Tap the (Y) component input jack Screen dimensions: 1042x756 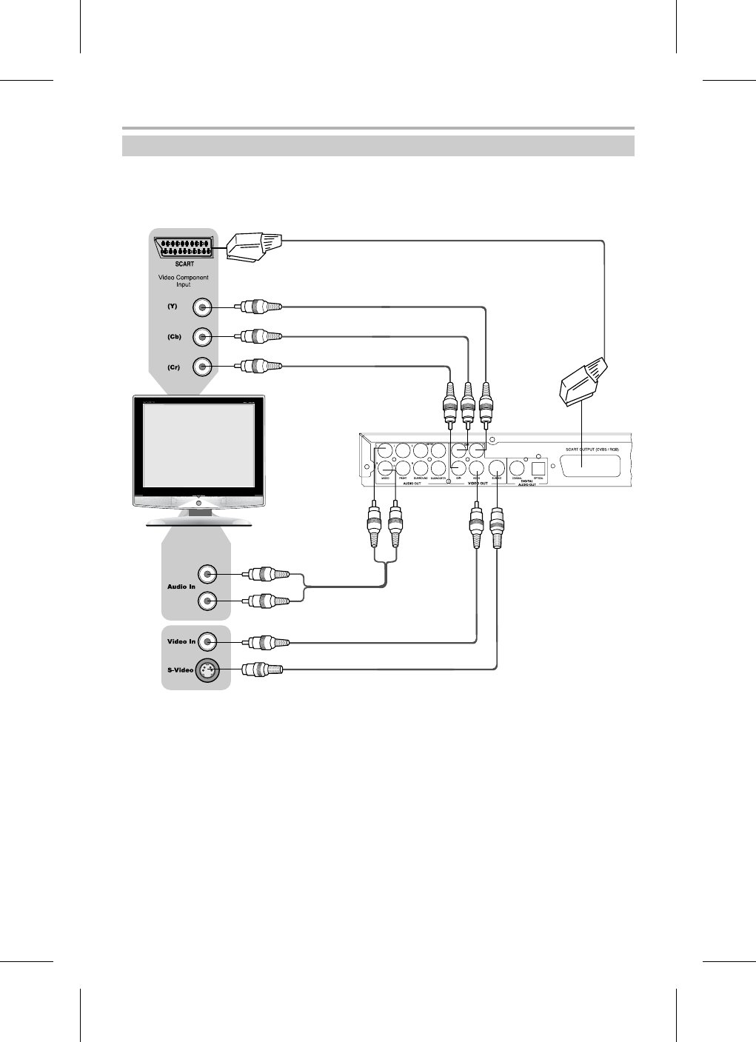tap(202, 307)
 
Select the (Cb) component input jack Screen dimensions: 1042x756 tap(202, 337)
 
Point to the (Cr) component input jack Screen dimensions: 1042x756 tap(202, 367)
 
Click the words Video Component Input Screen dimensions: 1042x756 tap(184, 281)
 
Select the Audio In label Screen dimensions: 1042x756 tap(181, 587)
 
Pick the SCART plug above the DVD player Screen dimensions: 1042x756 tap(583, 383)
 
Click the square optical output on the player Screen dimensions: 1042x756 tap(538, 467)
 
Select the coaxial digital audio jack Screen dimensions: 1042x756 tap(518, 467)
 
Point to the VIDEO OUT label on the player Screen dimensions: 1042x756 tap(474, 483)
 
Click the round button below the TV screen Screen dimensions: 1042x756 tap(198, 504)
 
